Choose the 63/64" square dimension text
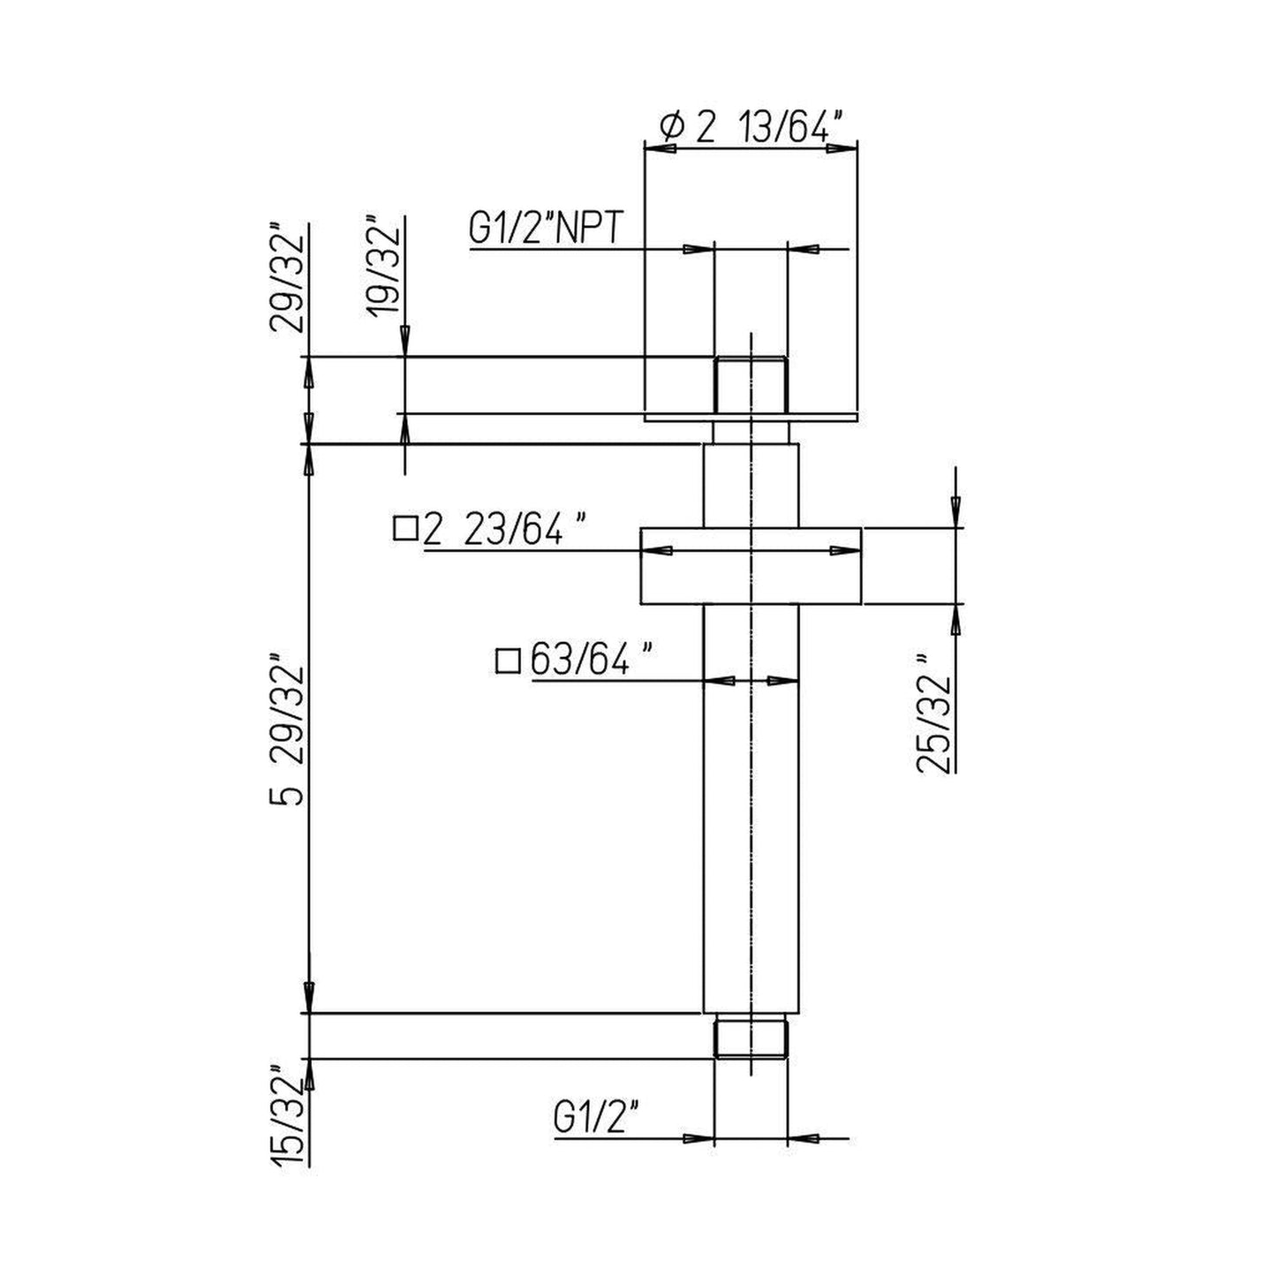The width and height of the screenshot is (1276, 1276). [x=592, y=660]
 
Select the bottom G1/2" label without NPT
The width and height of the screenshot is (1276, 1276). [x=596, y=1119]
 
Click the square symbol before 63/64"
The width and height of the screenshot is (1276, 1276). [x=509, y=661]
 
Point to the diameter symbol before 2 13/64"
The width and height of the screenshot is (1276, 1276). [x=673, y=129]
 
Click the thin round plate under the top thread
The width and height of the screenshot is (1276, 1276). [x=750, y=416]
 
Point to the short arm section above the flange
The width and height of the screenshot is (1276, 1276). [x=750, y=485]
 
